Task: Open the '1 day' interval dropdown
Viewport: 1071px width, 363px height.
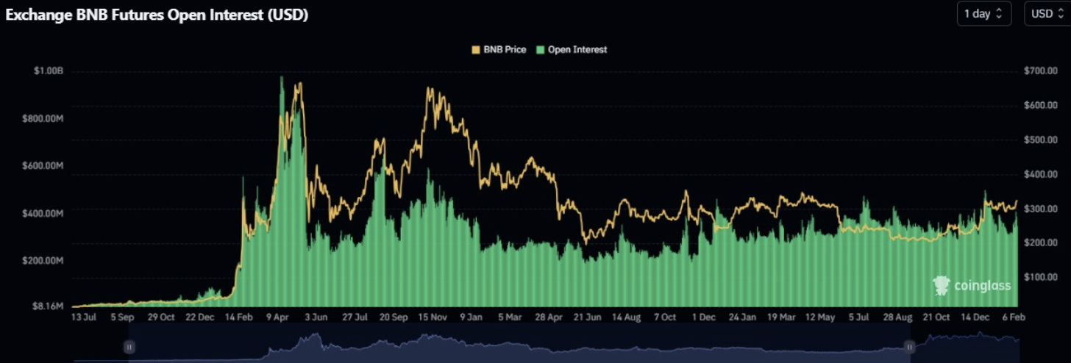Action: click(x=983, y=14)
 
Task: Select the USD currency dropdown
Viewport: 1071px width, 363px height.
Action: click(x=1047, y=14)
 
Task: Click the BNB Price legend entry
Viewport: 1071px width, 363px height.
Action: click(x=499, y=49)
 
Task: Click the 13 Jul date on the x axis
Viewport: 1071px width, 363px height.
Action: click(x=84, y=317)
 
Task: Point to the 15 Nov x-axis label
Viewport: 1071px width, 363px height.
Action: click(x=433, y=317)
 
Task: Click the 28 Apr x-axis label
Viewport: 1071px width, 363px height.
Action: click(x=549, y=317)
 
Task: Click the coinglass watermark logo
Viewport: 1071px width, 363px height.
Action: click(x=972, y=285)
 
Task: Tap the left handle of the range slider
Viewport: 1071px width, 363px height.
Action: click(x=129, y=347)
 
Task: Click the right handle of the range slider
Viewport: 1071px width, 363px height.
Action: click(x=910, y=347)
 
